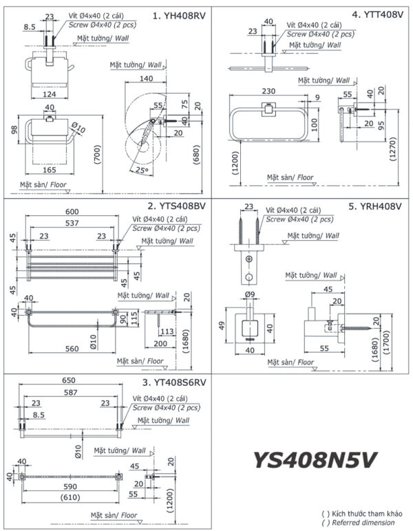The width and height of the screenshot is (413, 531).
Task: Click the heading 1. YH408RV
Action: pos(178,14)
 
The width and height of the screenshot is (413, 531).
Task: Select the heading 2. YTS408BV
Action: pos(176,206)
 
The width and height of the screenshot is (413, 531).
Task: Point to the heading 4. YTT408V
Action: pos(378,14)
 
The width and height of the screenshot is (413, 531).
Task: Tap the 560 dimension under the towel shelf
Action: pos(71,349)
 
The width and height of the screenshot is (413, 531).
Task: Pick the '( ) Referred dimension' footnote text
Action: pos(359,522)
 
